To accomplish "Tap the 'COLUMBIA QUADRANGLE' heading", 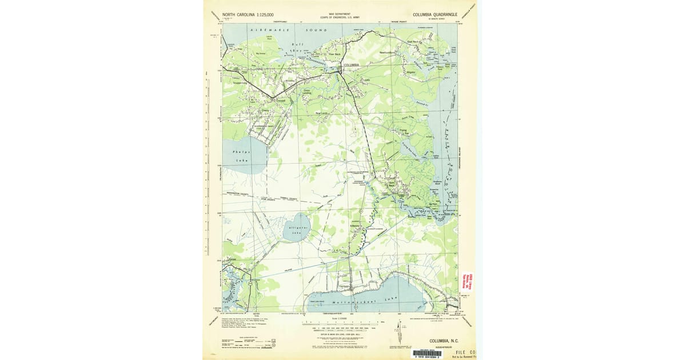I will (434, 14).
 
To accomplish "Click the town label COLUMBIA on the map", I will (350, 65).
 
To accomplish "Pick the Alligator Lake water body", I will (296, 228).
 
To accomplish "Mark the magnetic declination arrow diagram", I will (399, 330).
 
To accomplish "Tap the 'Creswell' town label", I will (280, 101).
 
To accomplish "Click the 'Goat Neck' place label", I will (414, 42).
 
